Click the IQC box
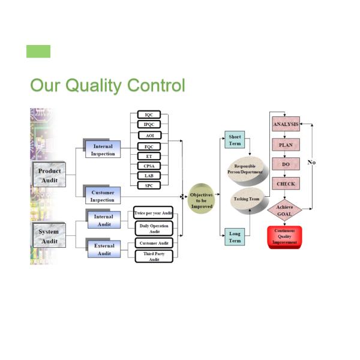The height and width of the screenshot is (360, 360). pyautogui.click(x=149, y=115)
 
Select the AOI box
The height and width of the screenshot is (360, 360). pyautogui.click(x=149, y=136)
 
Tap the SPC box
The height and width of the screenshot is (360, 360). pyautogui.click(x=149, y=185)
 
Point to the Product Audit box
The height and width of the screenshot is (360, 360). pyautogui.click(x=49, y=175)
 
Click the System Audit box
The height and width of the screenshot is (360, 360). pyautogui.click(x=49, y=236)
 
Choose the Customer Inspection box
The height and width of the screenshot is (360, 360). pyautogui.click(x=103, y=196)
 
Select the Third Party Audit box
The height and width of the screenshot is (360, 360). pyautogui.click(x=154, y=256)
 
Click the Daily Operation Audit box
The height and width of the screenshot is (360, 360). pyautogui.click(x=154, y=228)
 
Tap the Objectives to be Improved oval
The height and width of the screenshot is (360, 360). pyautogui.click(x=202, y=200)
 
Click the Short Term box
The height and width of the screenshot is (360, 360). pyautogui.click(x=235, y=140)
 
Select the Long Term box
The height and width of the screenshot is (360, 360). pyautogui.click(x=235, y=237)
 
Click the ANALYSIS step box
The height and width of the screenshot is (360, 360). pyautogui.click(x=286, y=124)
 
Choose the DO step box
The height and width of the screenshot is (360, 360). pyautogui.click(x=286, y=164)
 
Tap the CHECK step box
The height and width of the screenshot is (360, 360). pyautogui.click(x=286, y=184)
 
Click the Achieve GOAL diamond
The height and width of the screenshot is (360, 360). pyautogui.click(x=285, y=211)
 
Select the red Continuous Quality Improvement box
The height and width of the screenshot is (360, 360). pyautogui.click(x=284, y=237)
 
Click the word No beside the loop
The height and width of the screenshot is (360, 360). pyautogui.click(x=311, y=163)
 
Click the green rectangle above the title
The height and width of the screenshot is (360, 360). pyautogui.click(x=38, y=52)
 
